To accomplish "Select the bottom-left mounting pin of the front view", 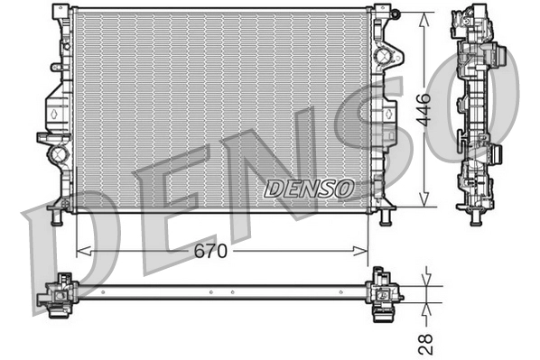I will coord(57,217).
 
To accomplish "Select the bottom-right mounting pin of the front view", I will coord(386,217).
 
